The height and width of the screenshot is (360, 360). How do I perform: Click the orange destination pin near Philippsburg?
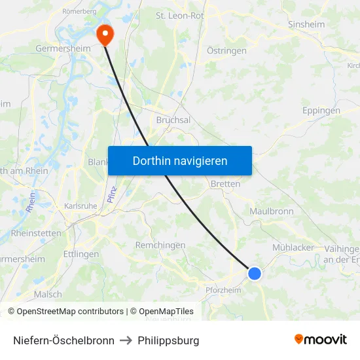(105, 34)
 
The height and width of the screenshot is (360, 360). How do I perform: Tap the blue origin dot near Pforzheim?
(255, 273)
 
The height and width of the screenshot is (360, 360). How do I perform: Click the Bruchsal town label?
(173, 120)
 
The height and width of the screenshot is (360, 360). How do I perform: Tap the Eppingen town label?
(321, 111)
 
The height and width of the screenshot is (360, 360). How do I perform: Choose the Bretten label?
(225, 184)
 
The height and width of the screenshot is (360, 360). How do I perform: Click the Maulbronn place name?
(272, 211)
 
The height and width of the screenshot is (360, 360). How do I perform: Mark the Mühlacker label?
(293, 247)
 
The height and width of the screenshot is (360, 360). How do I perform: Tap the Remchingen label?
(160, 245)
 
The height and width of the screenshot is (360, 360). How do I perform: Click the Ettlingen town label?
(81, 254)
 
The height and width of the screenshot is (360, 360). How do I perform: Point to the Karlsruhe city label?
(81, 206)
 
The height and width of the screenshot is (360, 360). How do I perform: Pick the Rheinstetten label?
(36, 233)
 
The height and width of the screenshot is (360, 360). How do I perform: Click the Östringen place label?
(226, 50)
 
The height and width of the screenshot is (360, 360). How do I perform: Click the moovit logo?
(320, 340)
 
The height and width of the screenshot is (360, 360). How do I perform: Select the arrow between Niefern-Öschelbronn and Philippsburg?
(126, 340)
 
